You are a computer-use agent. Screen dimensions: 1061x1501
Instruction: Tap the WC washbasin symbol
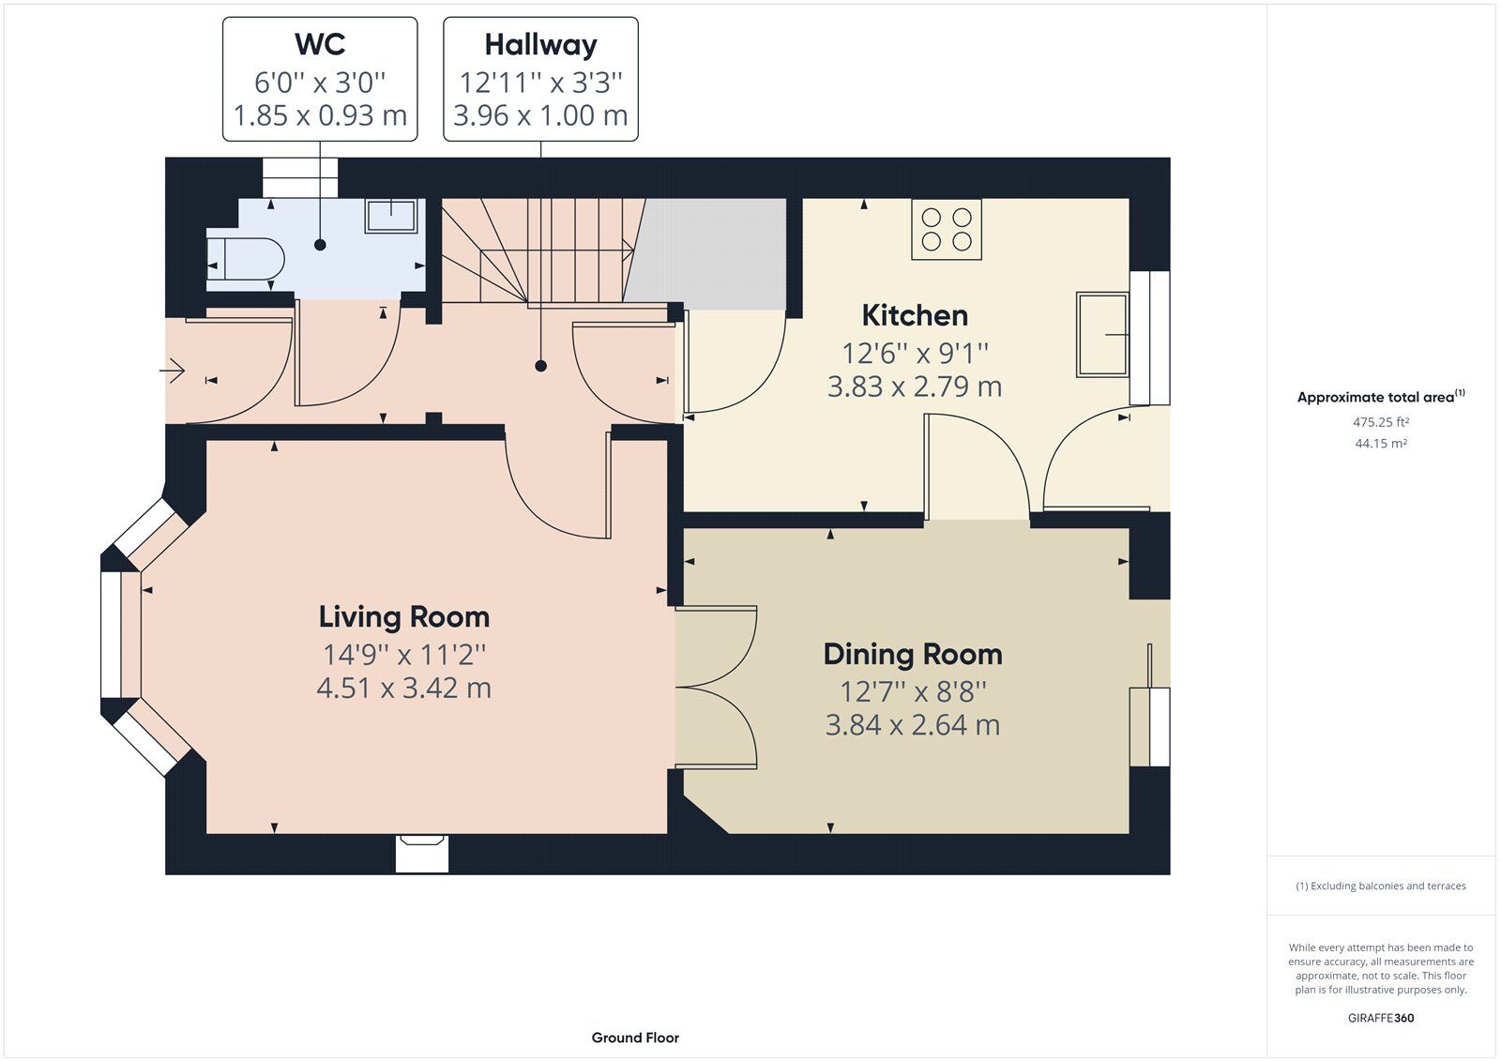pos(392,216)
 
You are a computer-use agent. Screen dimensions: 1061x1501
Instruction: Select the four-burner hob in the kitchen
pos(947,229)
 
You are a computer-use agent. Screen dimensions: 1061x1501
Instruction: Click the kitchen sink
pos(1103,334)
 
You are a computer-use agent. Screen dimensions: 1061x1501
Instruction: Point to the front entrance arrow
pos(172,372)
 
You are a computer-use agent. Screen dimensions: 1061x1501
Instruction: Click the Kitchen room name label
pos(915,315)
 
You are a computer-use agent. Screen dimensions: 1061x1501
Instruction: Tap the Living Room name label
pos(404,617)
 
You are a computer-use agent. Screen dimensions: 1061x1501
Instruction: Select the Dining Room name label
pos(913,655)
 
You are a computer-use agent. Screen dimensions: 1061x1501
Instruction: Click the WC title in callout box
pos(320,44)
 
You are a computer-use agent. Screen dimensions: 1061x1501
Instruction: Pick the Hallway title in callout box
pos(540,44)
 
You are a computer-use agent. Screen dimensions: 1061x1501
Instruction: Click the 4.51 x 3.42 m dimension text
pos(404,689)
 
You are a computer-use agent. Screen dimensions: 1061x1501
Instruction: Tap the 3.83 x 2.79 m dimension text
pos(915,387)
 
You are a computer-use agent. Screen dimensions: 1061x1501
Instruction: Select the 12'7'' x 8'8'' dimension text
pos(913,692)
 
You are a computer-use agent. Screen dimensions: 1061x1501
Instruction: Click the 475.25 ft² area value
pos(1381,423)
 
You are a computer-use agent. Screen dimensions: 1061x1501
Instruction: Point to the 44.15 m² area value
pos(1381,444)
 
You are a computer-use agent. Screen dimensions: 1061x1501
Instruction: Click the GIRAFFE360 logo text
pos(1381,1018)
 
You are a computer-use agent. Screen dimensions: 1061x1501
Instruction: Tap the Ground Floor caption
pos(635,1038)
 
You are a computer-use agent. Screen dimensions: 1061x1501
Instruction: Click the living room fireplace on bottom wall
pos(421,854)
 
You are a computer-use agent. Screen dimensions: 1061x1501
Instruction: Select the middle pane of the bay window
pos(113,634)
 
